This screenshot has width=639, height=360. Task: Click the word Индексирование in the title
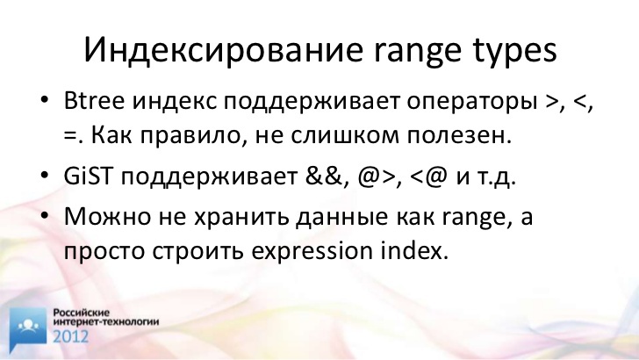[x=223, y=50]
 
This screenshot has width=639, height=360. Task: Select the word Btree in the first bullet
[x=94, y=100]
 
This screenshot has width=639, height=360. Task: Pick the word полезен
[x=459, y=137]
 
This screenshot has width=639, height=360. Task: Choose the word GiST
[x=88, y=176]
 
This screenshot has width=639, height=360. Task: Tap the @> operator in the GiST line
[x=377, y=177]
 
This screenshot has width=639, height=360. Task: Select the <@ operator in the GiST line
[x=428, y=177]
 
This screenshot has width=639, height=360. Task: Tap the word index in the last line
[x=415, y=251]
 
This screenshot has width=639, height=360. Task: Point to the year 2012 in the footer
[x=70, y=336]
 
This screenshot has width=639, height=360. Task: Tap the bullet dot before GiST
[x=45, y=176]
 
